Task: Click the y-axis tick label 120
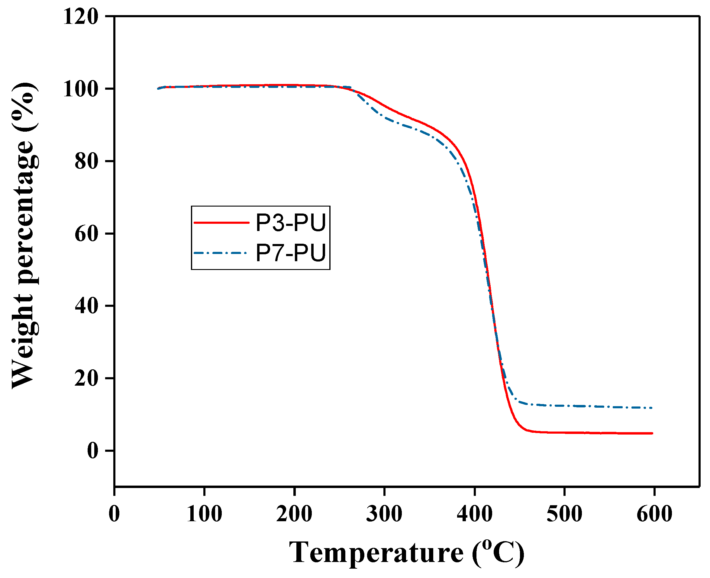click(x=81, y=17)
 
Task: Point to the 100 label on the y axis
click(x=81, y=89)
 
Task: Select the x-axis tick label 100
click(x=204, y=514)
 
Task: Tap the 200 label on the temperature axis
click(x=294, y=514)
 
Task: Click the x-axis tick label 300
click(x=384, y=514)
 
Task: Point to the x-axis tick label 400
click(x=474, y=514)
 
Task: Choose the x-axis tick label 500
click(x=564, y=514)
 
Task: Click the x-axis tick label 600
click(x=654, y=514)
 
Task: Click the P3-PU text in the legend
click(x=290, y=222)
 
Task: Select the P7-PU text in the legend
click(x=290, y=253)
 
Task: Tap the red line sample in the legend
click(x=221, y=222)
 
